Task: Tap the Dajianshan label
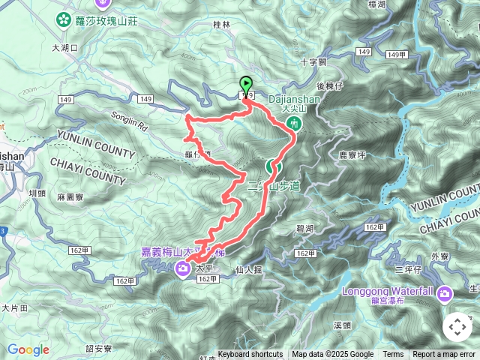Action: tap(294, 97)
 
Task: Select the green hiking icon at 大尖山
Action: tap(295, 122)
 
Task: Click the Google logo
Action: tap(28, 349)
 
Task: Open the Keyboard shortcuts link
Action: tap(250, 355)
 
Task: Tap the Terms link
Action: tap(393, 355)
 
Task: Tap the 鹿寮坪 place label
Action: tap(352, 155)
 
